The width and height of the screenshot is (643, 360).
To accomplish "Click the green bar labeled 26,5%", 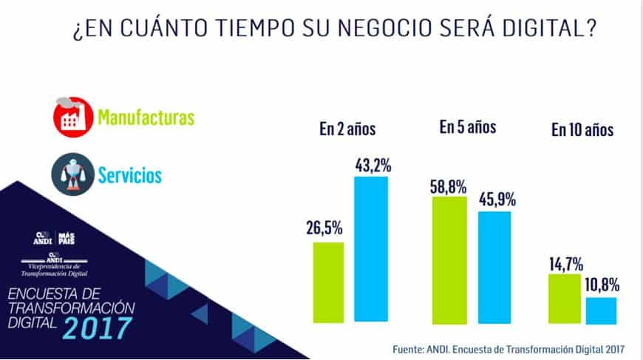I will click(x=328, y=282).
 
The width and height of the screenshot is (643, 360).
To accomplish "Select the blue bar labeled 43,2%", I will click(x=371, y=248).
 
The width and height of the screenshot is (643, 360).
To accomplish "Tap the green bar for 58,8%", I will click(x=449, y=259).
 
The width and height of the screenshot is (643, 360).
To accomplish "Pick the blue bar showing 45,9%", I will click(x=494, y=267).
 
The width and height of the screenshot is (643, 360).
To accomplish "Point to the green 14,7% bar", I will click(x=565, y=298).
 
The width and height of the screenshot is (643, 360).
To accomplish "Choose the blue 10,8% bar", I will click(x=600, y=309).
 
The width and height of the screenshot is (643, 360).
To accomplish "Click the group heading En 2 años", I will click(x=348, y=129).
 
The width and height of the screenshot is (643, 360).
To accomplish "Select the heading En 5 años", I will click(x=467, y=127).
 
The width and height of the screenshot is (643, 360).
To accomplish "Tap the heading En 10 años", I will click(x=582, y=131).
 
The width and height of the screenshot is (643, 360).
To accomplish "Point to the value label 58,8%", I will click(x=448, y=186).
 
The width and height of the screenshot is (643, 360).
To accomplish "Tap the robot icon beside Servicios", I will click(x=72, y=174).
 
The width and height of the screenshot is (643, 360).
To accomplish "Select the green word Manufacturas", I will click(x=146, y=117).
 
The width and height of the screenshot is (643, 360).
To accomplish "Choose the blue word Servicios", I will click(x=130, y=175).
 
